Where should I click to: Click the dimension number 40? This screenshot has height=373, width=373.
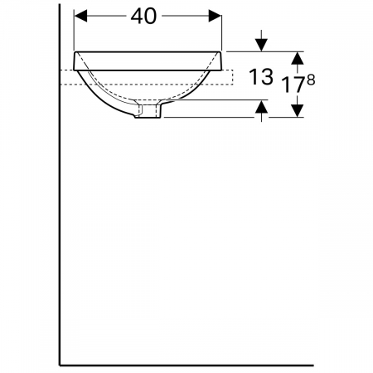[x=143, y=16]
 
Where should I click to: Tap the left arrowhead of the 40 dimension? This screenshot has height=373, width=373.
[x=80, y=16]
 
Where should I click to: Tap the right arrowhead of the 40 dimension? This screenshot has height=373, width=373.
[x=215, y=16]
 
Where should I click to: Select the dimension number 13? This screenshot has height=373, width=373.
[x=261, y=77]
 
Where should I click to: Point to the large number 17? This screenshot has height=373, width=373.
[x=293, y=85]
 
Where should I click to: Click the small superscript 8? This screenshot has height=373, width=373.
[x=311, y=80]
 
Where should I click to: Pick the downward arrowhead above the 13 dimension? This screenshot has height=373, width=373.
[x=261, y=45]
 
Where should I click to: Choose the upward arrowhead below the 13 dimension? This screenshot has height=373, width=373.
[x=261, y=106]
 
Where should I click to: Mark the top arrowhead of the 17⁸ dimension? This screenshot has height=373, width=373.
[x=298, y=58]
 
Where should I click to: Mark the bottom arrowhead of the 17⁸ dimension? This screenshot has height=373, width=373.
[x=298, y=110]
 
